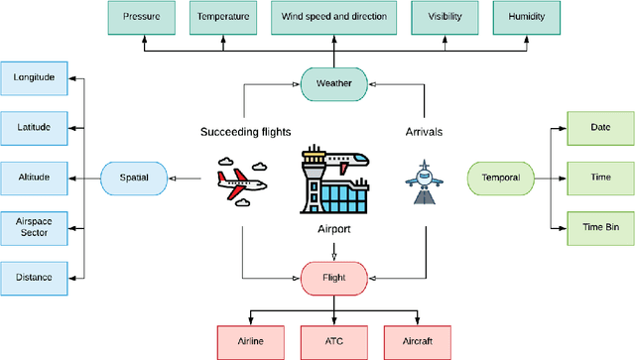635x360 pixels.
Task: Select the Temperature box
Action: pos(223,18)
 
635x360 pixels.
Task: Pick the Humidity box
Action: pos(524,18)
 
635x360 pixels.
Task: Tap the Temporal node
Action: pos(500,179)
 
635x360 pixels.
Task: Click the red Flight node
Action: pos(333,277)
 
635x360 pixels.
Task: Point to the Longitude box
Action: pos(34,77)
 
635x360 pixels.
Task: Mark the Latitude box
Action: pos(34,127)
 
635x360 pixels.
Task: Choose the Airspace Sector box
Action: pos(34,227)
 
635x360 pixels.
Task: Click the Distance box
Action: pos(34,277)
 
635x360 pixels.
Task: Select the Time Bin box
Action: pos(599,227)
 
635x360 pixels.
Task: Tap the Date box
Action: pos(599,128)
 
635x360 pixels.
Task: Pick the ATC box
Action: pos(333,340)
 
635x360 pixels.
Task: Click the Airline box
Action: pos(250,340)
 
